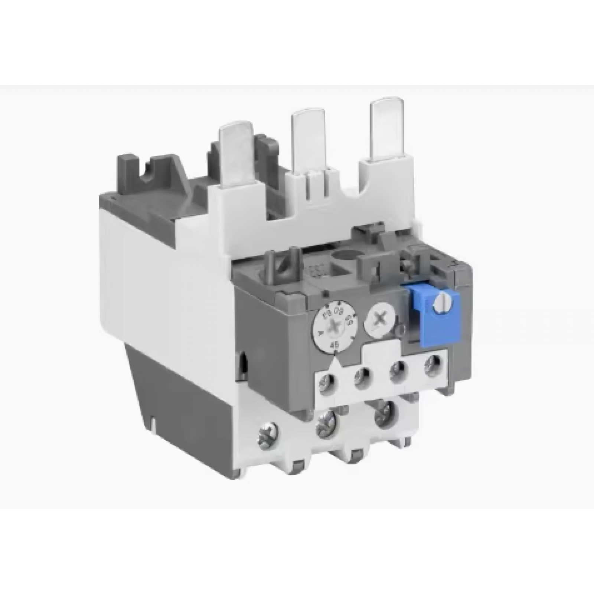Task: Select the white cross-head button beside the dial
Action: click(x=377, y=320)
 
